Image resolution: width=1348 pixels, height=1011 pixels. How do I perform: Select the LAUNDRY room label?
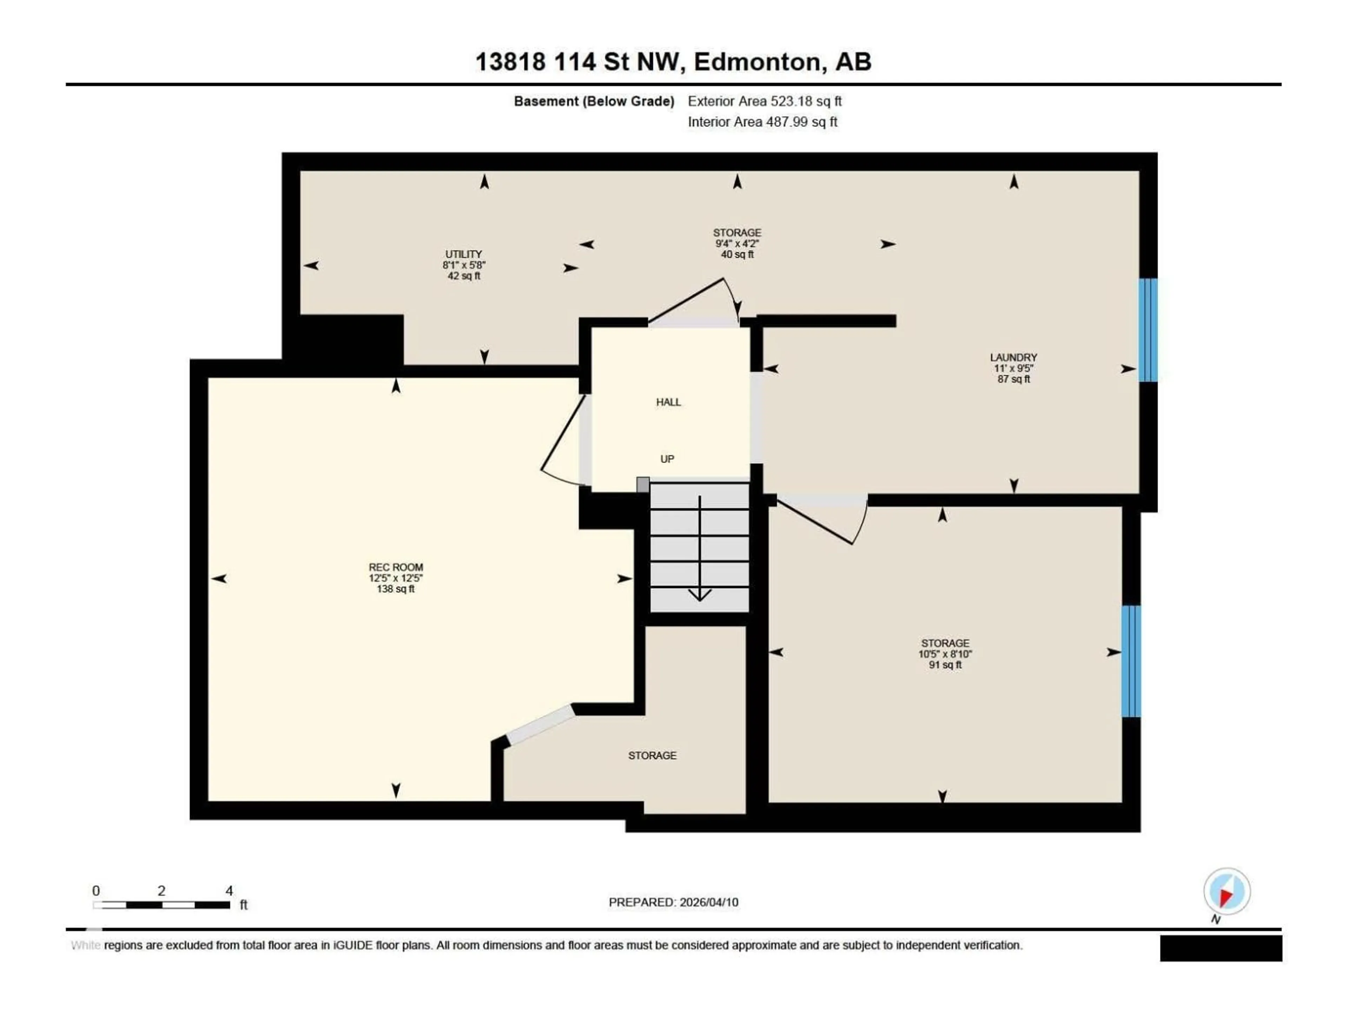coord(1013,358)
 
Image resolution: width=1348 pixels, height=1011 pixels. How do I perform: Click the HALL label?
coord(668,402)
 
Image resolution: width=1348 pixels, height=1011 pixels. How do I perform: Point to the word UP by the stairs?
coord(667,459)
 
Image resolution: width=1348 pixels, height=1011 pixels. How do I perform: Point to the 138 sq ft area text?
coord(396,589)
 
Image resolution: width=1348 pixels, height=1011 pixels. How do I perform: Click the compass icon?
coord(1227,892)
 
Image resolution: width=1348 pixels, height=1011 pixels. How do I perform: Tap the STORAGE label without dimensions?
coord(652,756)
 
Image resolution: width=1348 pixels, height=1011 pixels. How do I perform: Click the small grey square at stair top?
coord(643,484)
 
